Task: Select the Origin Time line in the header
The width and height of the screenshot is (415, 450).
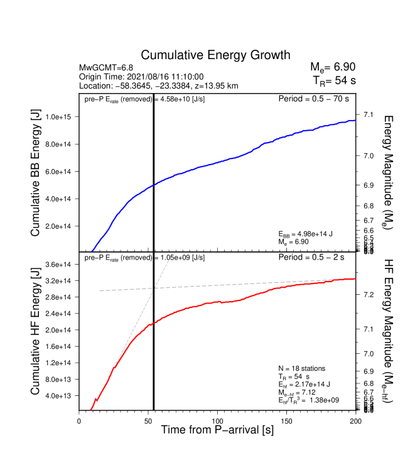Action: [x=141, y=77]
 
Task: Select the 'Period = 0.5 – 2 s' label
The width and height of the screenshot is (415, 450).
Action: [x=316, y=258]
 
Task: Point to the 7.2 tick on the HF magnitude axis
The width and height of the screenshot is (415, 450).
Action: [x=369, y=294]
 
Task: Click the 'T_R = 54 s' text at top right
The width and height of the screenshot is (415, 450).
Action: [x=334, y=80]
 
